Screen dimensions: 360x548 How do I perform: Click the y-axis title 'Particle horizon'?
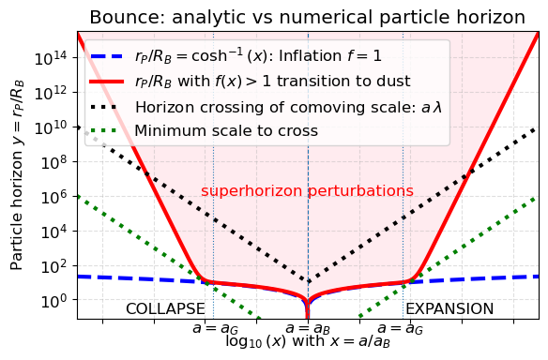[18, 174]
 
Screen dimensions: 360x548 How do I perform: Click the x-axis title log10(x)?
[308, 342]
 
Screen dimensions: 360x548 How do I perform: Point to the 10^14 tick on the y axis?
[53, 57]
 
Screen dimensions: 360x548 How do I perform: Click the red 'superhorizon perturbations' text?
[307, 191]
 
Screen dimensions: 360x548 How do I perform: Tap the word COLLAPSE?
[165, 308]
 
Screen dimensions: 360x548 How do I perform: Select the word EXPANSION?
[449, 308]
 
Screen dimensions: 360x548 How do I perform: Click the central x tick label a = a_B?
[308, 328]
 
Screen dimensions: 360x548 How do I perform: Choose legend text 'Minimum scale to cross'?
[217, 130]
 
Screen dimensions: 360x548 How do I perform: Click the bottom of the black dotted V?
[308, 281]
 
